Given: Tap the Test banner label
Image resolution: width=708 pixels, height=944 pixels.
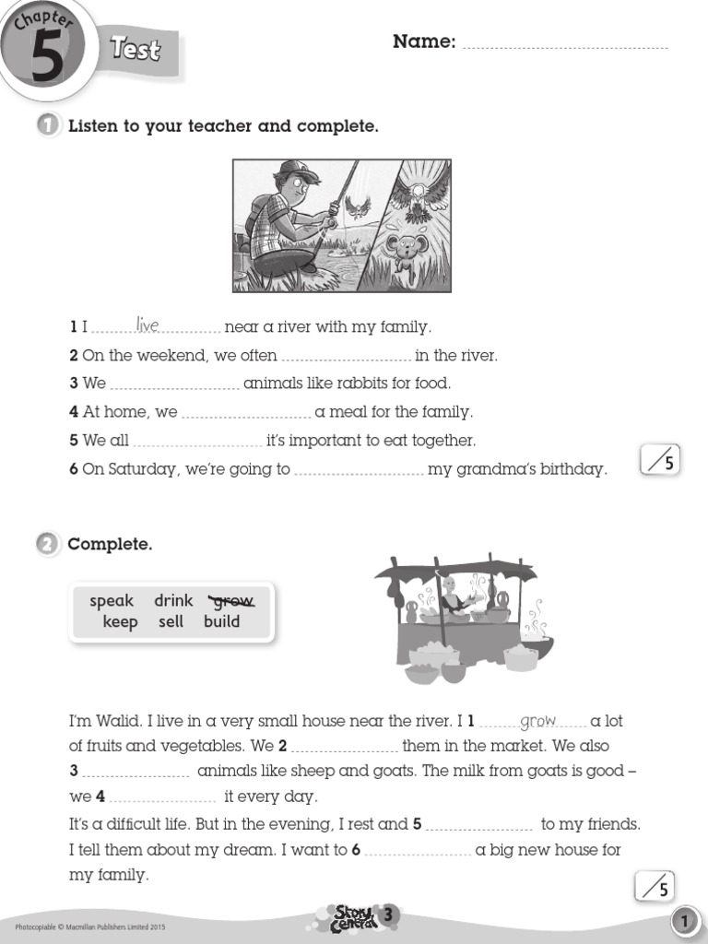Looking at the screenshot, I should point(136,49).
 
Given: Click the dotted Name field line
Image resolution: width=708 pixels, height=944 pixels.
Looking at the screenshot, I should point(564,44).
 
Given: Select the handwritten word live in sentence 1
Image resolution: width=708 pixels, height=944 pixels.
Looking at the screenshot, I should point(147,324).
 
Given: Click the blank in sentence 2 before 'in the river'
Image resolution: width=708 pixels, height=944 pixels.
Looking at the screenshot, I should point(346,357).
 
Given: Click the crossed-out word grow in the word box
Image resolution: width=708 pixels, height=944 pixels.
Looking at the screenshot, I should point(231,601).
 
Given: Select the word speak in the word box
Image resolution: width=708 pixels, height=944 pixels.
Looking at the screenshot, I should point(112,601).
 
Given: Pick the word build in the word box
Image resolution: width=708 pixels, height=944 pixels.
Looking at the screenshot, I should point(221,622).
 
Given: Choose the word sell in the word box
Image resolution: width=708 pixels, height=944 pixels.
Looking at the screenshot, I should point(171,622).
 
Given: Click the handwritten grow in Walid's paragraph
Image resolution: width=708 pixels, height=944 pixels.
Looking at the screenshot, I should point(538,720).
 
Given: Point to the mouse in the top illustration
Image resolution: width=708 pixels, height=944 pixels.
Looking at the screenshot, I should point(403,250).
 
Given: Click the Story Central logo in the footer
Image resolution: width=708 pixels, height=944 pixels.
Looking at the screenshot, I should point(354,917).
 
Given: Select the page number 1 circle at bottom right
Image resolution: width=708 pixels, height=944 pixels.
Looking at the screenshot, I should point(683,921).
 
